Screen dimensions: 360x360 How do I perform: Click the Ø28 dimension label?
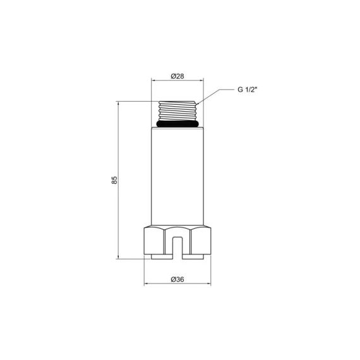(x=177, y=76)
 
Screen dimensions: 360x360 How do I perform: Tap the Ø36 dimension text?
(x=177, y=278)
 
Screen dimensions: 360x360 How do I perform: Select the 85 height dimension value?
(x=114, y=179)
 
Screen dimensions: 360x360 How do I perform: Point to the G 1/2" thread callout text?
(x=247, y=90)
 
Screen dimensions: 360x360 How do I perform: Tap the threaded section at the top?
(x=177, y=112)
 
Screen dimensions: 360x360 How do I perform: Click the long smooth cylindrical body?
(x=177, y=177)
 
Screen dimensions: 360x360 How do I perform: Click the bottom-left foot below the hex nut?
(x=160, y=256)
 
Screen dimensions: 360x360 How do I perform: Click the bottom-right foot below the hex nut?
(x=195, y=256)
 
